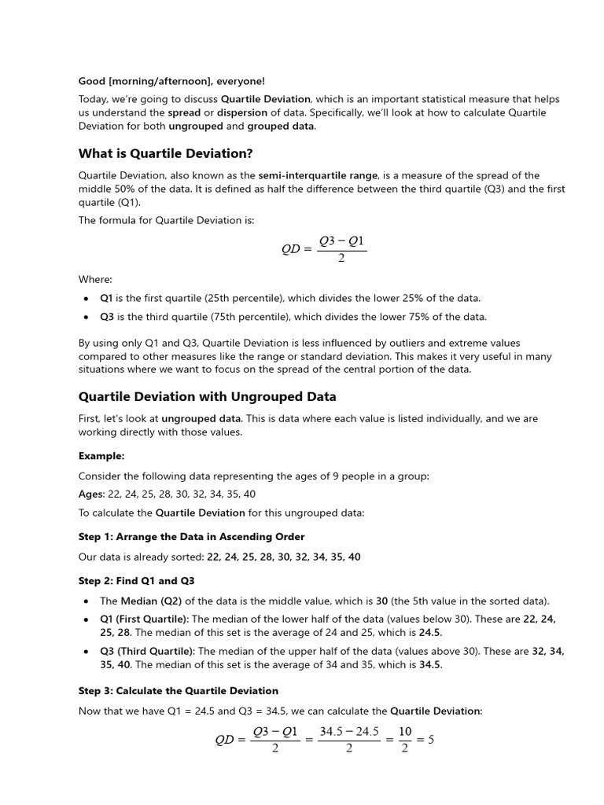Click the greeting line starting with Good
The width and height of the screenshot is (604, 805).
[x=171, y=81]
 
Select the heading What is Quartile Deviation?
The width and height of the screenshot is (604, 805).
[x=165, y=153]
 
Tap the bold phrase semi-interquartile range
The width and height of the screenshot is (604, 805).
[x=319, y=175]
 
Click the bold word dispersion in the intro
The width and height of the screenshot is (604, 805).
[x=242, y=112]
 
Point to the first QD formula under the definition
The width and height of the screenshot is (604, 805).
[x=323, y=249]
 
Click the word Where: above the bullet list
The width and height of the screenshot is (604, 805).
[x=95, y=279]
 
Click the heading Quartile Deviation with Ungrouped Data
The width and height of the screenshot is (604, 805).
[x=207, y=396]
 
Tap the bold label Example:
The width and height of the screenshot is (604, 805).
[x=101, y=456]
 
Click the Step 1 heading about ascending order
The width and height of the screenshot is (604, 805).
[x=191, y=536]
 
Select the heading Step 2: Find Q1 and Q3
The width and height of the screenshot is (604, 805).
[x=136, y=581]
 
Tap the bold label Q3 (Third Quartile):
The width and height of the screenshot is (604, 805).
[x=147, y=651]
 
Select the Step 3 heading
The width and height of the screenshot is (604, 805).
[x=178, y=690]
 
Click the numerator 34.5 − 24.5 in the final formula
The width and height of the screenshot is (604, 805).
[x=349, y=731]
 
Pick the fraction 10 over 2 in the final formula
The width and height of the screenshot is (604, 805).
[x=405, y=740]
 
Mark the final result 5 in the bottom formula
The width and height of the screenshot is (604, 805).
[x=430, y=740]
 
